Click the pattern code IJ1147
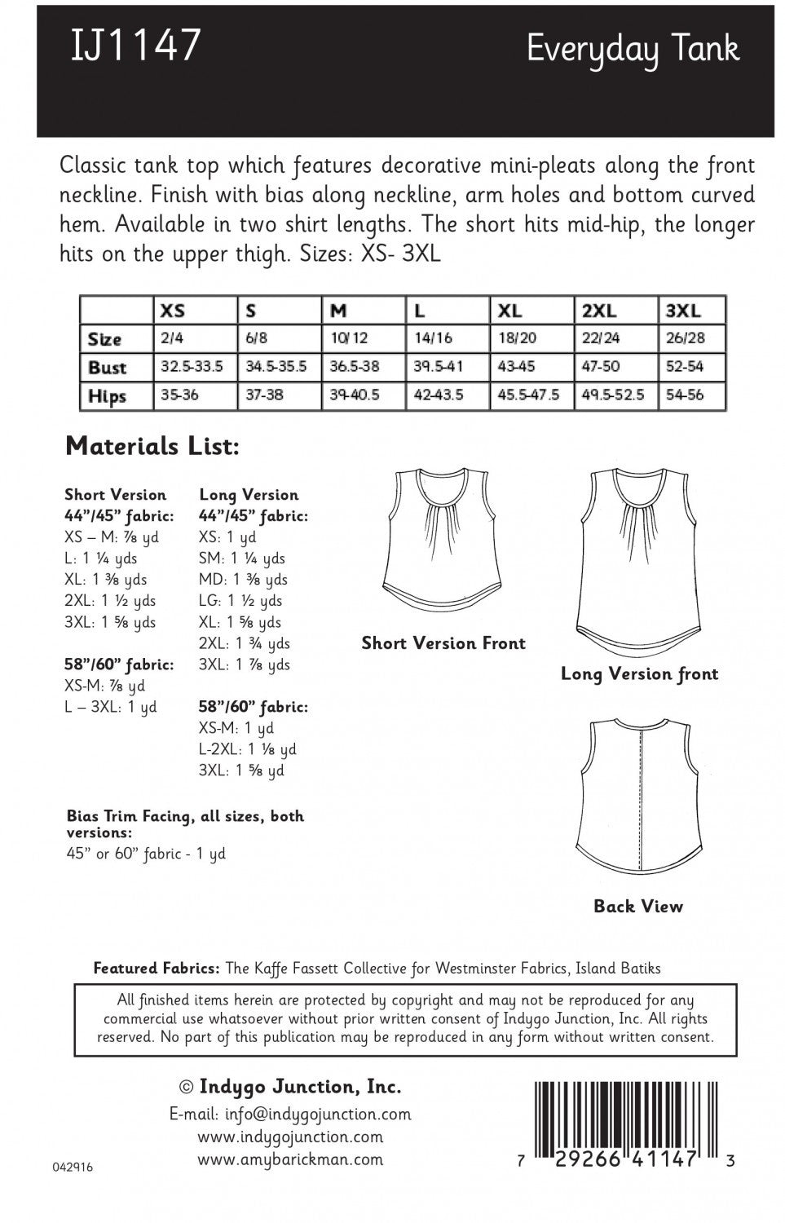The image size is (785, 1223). (x=135, y=45)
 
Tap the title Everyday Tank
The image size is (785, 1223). (x=633, y=50)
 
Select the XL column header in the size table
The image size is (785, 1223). (x=510, y=311)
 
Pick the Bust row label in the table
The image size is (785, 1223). (x=107, y=367)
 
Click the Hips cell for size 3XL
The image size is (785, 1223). (x=685, y=395)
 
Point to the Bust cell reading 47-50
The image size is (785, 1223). (x=601, y=367)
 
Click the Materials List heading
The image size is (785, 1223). (x=152, y=446)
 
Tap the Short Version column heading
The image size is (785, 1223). (x=115, y=495)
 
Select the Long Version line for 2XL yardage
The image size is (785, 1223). (x=245, y=643)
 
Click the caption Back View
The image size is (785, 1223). (x=638, y=907)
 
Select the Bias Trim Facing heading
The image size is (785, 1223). (x=185, y=816)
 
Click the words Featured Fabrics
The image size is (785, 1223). (x=157, y=969)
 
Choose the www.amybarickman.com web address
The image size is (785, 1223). (x=290, y=1159)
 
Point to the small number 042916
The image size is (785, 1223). (x=73, y=1167)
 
